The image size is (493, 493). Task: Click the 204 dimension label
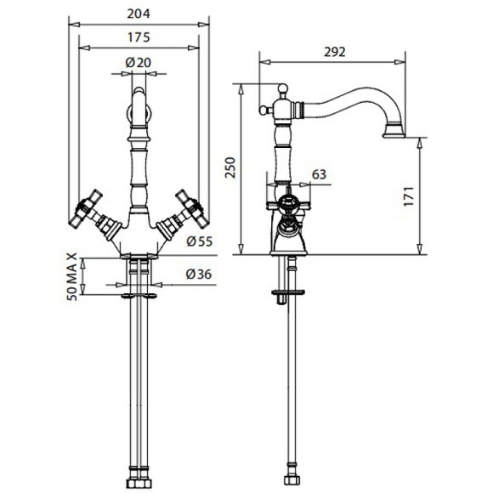pos(139,14)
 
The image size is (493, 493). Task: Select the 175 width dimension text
pos(139,37)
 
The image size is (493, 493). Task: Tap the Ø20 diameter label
pos(138,63)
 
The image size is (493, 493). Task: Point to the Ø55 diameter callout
pos(200,241)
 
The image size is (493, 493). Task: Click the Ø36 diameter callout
pos(199,275)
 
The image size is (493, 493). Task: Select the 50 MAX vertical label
pos(72,277)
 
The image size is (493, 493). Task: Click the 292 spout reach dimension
pos(335,52)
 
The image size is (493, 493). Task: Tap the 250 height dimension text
pos(230,167)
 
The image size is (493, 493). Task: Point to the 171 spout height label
pos(408,196)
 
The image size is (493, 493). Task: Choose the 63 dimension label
pos(319,174)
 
